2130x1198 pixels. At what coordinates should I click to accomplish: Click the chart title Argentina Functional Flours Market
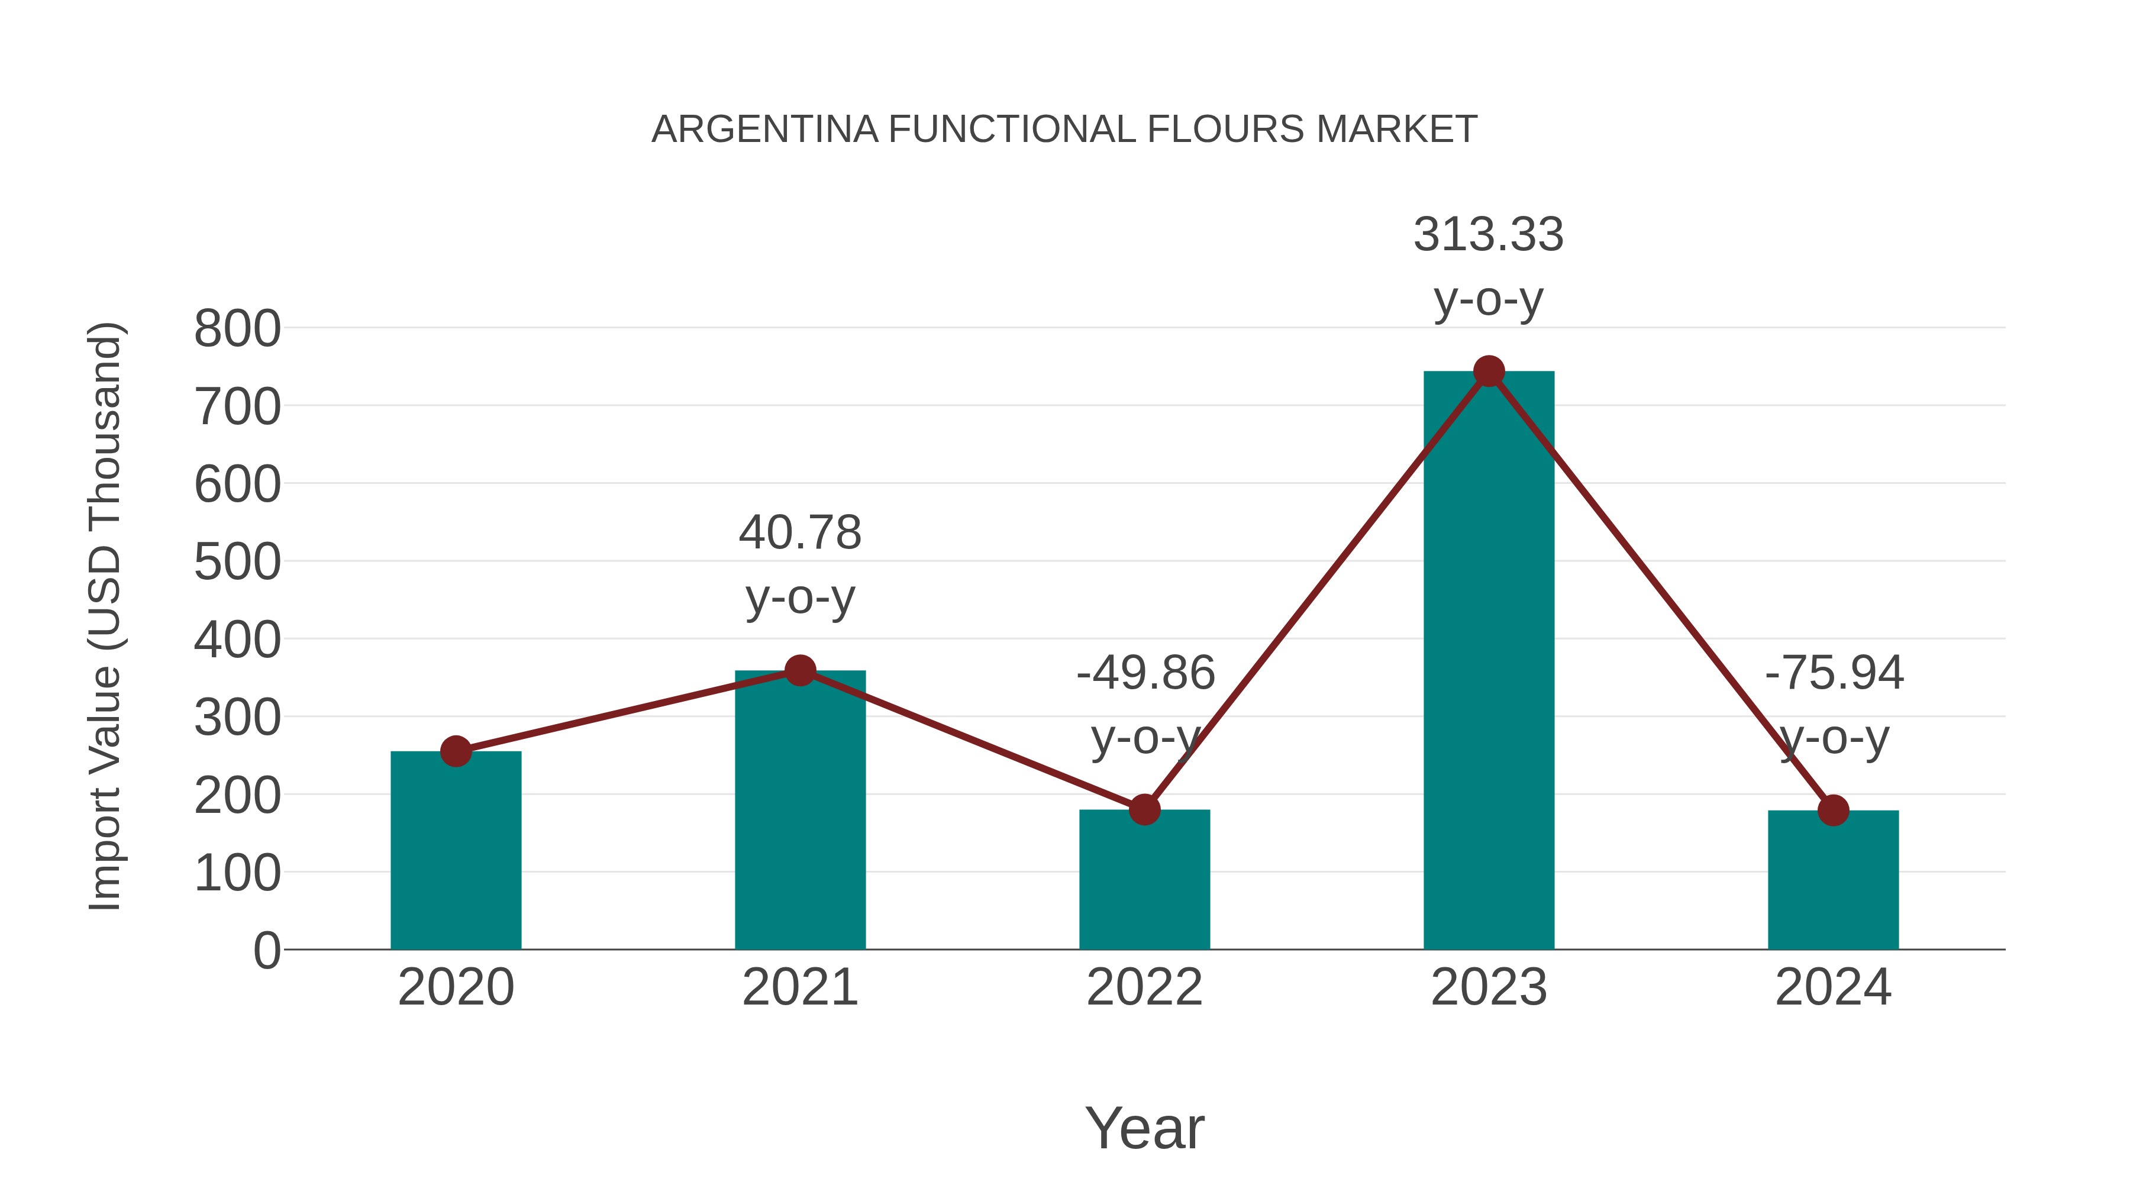click(1064, 130)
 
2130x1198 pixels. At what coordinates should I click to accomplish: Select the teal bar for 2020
click(456, 851)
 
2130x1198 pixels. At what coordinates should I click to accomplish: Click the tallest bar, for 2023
click(1489, 661)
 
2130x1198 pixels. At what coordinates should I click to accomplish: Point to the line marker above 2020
click(456, 751)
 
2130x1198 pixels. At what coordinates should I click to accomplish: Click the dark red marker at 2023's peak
click(1489, 371)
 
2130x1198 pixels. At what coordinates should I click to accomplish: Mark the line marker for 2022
click(1144, 809)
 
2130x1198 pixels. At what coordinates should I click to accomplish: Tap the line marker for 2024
click(1833, 810)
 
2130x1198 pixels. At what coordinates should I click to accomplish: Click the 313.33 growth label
click(1489, 235)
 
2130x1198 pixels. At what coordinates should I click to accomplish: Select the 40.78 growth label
click(799, 532)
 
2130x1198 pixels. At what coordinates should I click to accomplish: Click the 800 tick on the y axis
click(237, 329)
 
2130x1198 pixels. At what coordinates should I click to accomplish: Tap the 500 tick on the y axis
click(237, 563)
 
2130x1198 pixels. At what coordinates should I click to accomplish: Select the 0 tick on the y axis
click(266, 951)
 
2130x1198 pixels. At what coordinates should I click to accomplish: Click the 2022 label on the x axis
click(1144, 987)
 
